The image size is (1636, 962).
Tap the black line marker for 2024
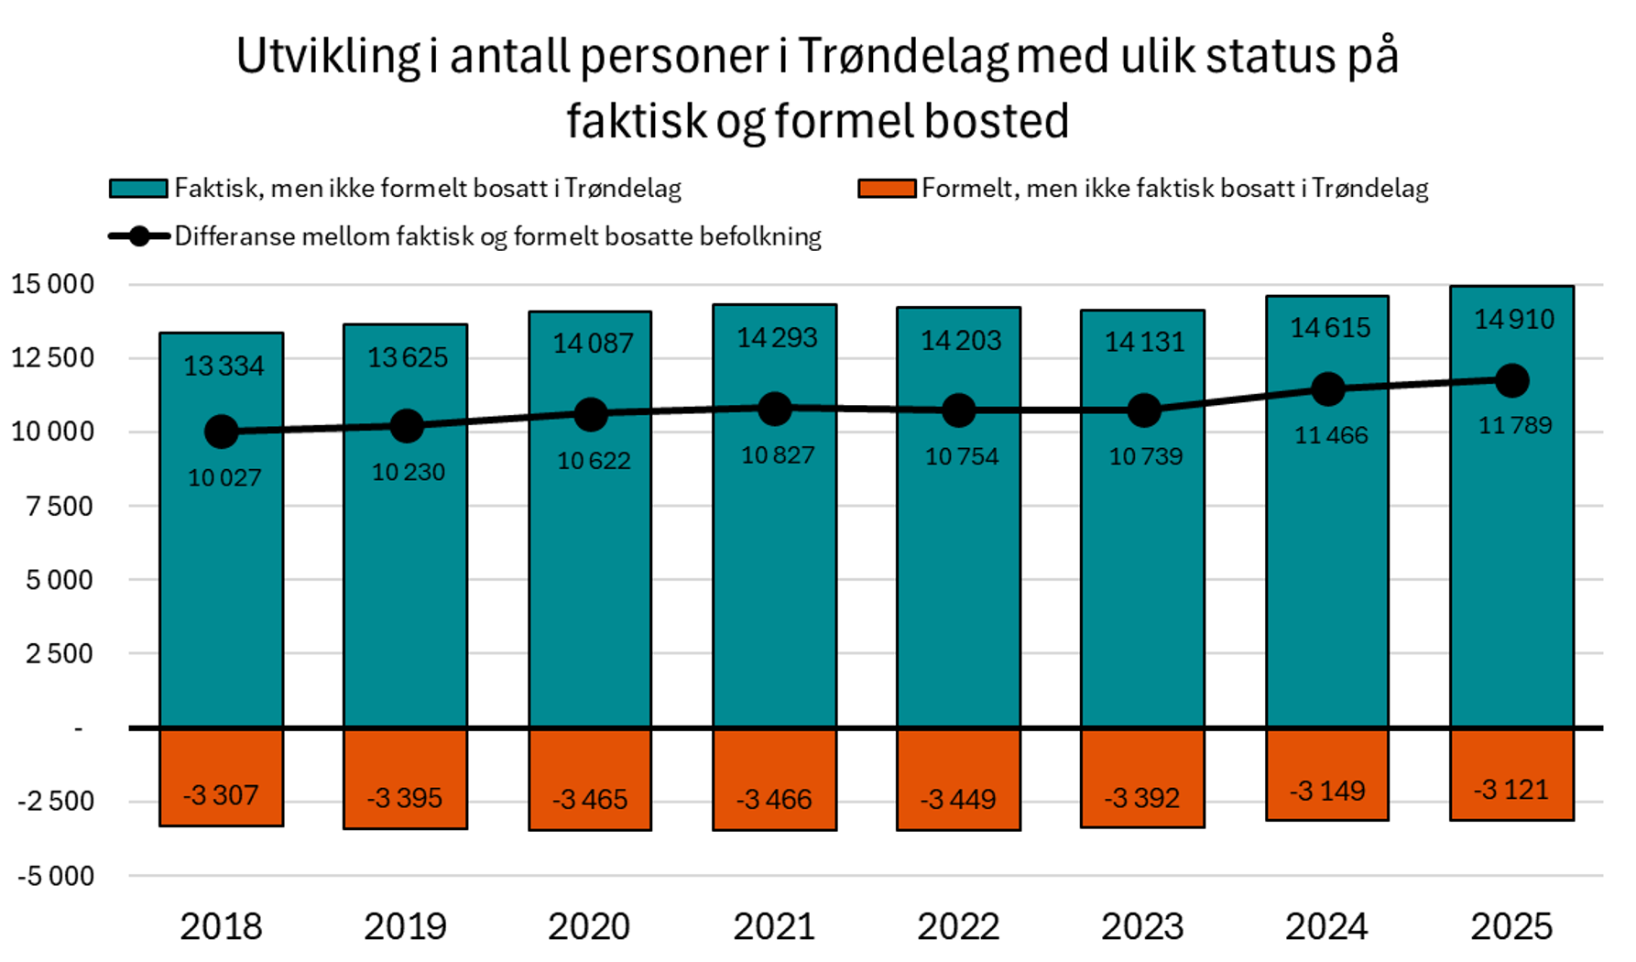pos(1327,389)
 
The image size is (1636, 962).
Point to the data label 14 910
pos(1513,320)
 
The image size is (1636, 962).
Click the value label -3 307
pos(221,794)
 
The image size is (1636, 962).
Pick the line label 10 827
pos(777,455)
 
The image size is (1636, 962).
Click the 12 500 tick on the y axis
pos(53,357)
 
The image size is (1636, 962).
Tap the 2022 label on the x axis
pos(958,926)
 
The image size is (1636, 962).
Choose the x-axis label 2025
pos(1511,926)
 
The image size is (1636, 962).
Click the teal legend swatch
pos(138,189)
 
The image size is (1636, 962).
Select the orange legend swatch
pos(886,189)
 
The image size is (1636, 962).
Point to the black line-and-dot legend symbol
pos(138,236)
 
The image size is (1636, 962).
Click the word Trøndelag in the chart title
pos(903,57)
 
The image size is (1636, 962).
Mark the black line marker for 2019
pos(406,425)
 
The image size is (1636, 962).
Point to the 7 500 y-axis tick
pos(60,506)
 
